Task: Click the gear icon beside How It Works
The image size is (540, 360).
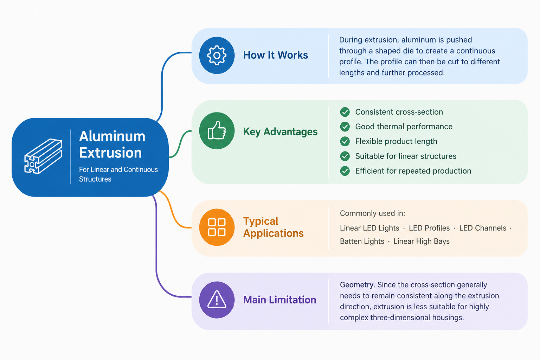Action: [217, 56]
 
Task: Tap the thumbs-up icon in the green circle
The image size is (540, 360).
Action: [217, 130]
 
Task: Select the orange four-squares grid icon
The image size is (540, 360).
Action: [217, 227]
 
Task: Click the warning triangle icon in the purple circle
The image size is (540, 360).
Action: [217, 299]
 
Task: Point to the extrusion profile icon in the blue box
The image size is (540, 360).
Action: [43, 156]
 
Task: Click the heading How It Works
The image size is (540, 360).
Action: [276, 55]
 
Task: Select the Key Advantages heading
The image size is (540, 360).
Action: [280, 131]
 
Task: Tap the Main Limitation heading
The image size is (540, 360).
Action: [279, 300]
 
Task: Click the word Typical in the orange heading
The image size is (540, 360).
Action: [261, 221]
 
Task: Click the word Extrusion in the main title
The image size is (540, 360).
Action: [110, 153]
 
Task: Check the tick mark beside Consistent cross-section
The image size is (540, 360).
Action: [345, 112]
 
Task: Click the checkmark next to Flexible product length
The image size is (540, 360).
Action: [345, 141]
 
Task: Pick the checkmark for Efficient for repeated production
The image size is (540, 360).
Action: [345, 171]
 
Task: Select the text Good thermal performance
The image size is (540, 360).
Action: [404, 127]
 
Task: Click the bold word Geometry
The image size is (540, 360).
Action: [357, 285]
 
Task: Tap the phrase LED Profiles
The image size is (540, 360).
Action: [429, 228]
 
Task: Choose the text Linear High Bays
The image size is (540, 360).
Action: [422, 242]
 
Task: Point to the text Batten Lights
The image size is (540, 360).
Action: [362, 242]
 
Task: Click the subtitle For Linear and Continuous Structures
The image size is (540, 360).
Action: [118, 174]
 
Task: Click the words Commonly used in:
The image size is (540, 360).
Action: [372, 213]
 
